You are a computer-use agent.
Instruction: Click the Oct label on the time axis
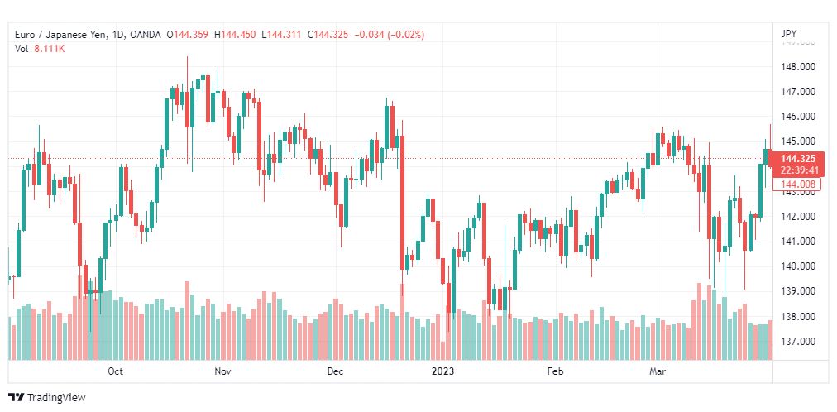pos(115,372)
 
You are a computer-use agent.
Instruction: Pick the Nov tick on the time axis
pos(222,372)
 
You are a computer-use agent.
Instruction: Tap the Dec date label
pos(335,372)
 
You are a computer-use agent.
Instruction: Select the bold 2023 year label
pos(444,372)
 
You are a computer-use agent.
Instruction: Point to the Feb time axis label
pos(556,372)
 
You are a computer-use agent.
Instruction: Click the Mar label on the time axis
pos(658,372)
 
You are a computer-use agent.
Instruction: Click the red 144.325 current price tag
pos(797,159)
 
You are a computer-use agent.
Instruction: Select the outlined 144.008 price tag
pos(797,184)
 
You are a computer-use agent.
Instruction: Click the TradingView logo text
pos(55,398)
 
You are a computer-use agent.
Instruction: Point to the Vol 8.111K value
pos(50,49)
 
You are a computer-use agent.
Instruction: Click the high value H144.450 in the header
pos(235,35)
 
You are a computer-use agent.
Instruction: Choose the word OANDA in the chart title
pos(146,35)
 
